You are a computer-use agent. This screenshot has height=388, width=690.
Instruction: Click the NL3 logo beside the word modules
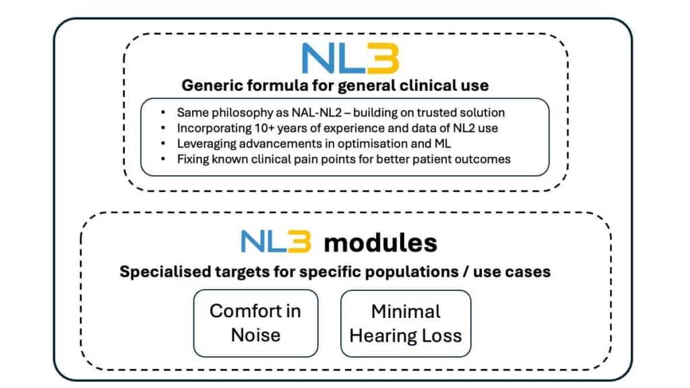coord(276,242)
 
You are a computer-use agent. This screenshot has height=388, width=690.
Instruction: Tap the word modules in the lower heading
coord(380,243)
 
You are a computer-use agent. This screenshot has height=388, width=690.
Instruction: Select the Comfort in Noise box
coord(255,323)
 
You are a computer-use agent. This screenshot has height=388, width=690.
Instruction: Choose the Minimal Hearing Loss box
coord(406,323)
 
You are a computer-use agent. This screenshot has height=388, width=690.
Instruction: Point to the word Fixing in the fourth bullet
coord(193,159)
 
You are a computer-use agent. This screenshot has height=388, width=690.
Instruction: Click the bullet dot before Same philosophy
coord(165,112)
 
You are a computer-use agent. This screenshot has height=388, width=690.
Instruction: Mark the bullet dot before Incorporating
coord(165,128)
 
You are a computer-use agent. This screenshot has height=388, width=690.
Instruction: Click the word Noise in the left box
coord(255,335)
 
